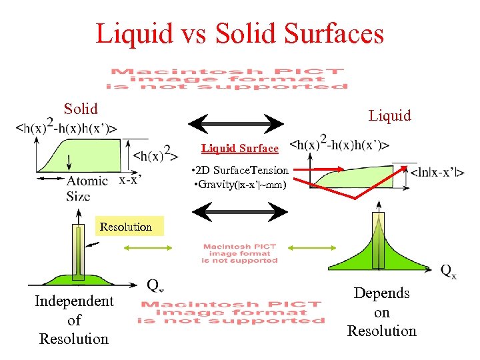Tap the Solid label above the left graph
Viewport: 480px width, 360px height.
[81, 109]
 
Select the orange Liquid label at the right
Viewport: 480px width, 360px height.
[390, 115]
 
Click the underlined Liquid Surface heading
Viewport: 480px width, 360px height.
[240, 148]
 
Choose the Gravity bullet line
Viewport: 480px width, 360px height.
[240, 183]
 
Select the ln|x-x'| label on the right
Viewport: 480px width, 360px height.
[437, 173]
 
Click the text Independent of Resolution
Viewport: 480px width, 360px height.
[74, 320]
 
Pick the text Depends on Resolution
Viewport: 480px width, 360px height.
[382, 312]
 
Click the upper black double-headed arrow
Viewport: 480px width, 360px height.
[237, 124]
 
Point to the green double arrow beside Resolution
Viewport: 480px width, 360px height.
[141, 248]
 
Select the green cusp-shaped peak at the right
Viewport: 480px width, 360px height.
[377, 250]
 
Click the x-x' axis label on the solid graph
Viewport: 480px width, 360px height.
[130, 179]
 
